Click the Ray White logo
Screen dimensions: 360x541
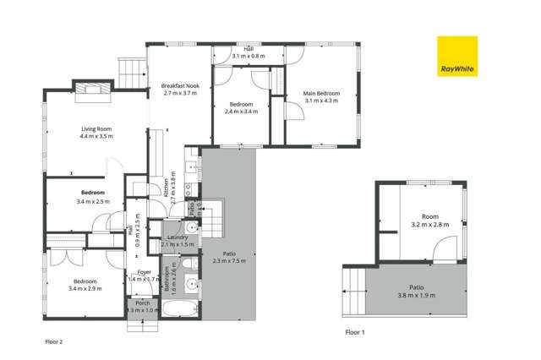[456, 57]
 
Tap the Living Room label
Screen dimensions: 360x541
[96, 132]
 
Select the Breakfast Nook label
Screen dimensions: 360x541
[179, 90]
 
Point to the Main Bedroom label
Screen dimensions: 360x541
[322, 96]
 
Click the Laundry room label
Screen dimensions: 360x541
[178, 240]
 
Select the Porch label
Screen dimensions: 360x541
[143, 307]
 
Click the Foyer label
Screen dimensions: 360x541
[145, 275]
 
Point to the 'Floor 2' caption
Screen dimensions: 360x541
[54, 342]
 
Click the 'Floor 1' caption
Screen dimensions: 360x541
[355, 332]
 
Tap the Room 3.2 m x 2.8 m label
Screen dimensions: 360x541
[429, 221]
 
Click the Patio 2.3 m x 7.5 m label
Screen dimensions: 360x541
[228, 257]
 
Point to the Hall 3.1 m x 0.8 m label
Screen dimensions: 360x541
[249, 52]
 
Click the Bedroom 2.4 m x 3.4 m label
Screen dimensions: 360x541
[241, 108]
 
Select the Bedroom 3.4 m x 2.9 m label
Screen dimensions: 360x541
[85, 285]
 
